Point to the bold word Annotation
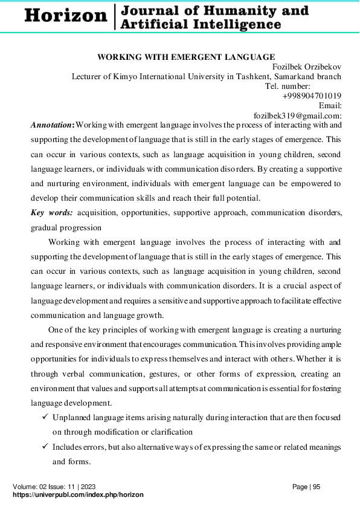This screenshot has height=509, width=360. (x=51, y=125)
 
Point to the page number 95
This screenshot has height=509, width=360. (x=316, y=487)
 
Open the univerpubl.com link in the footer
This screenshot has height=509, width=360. (x=78, y=494)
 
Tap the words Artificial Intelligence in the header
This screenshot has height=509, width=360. (x=200, y=24)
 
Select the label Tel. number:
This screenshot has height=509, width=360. (x=288, y=86)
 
